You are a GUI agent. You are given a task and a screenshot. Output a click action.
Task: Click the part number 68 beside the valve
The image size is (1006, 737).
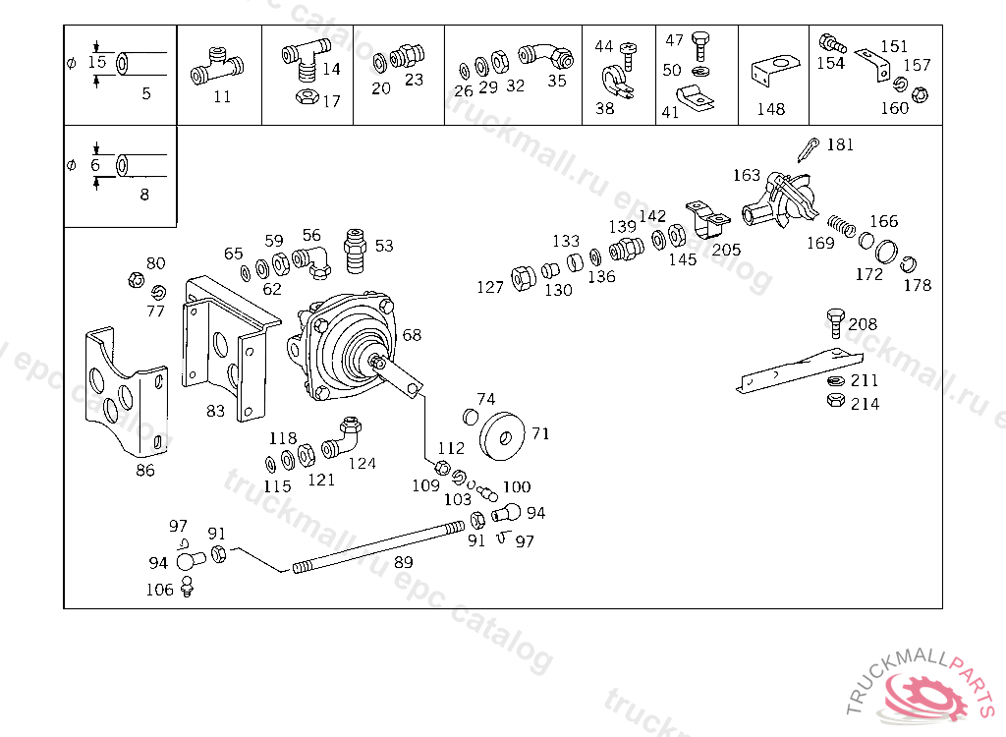pos(412,334)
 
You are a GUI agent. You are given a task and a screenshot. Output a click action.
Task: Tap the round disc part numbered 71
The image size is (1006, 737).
pos(502,436)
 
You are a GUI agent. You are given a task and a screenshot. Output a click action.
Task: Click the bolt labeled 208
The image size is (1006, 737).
pos(835,323)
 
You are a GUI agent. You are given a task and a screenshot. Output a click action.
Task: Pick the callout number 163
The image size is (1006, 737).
pos(747,175)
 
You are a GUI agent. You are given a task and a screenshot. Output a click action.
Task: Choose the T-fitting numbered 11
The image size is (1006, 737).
pos(217,67)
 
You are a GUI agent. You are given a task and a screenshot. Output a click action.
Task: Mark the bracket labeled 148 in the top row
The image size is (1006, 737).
pos(775,71)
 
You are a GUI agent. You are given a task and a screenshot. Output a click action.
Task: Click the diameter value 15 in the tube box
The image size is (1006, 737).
pos(97,62)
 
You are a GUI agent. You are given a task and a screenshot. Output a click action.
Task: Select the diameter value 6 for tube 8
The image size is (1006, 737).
pos(95,166)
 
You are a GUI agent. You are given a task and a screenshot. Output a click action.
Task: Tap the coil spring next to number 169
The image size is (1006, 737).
pos(841,225)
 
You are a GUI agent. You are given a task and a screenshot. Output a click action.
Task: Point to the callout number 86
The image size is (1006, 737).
pos(145,470)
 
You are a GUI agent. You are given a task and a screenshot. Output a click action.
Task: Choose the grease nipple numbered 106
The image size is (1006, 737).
pos(188,587)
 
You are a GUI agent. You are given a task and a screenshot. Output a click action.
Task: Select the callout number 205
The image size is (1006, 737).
pos(726,250)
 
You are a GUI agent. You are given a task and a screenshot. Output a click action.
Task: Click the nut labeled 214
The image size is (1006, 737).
pos(835,401)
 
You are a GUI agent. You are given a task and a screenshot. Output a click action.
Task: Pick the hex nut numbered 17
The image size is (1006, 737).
pos(307,97)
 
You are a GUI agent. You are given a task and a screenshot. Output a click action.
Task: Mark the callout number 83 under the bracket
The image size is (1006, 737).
pos(215,410)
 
